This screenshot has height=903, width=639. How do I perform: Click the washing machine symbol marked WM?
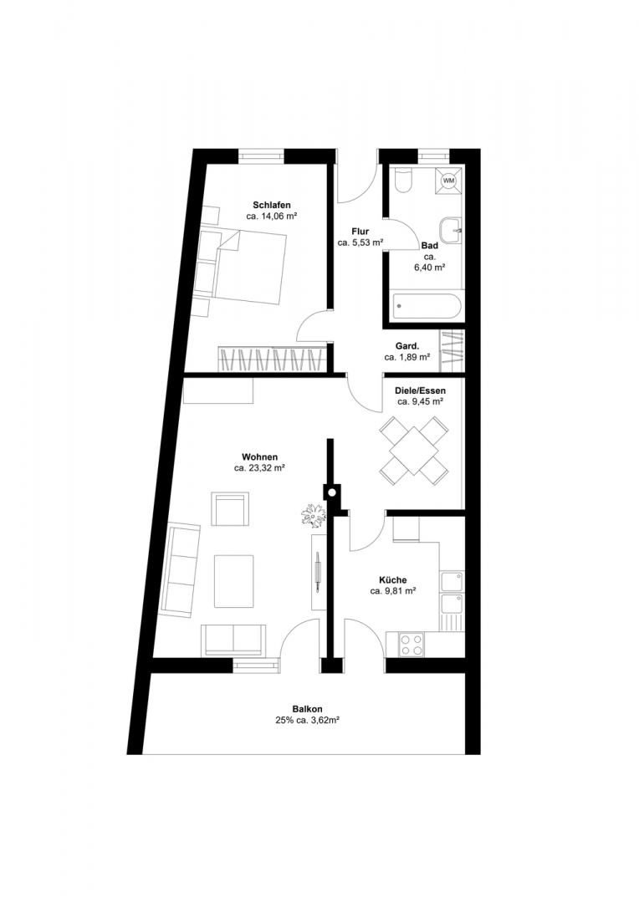click(x=448, y=181)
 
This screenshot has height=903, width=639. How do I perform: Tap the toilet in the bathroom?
click(x=403, y=181)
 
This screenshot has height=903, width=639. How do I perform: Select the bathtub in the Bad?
click(x=427, y=307)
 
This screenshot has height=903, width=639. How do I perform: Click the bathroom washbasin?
click(x=451, y=231)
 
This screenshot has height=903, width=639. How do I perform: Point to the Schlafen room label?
click(x=271, y=205)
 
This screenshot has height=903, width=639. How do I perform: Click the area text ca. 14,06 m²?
click(x=271, y=217)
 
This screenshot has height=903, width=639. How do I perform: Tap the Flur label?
click(x=360, y=232)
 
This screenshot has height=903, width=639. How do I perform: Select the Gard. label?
click(x=407, y=346)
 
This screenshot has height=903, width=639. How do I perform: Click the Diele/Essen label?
click(x=420, y=390)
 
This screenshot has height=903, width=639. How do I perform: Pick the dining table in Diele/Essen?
click(x=414, y=451)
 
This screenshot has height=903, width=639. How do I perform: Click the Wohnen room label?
click(x=259, y=457)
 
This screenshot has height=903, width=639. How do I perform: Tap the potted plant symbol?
click(x=314, y=514)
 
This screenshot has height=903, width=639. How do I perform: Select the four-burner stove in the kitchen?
click(x=412, y=644)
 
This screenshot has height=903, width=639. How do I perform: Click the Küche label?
click(x=393, y=580)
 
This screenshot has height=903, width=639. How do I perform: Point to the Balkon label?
click(x=307, y=710)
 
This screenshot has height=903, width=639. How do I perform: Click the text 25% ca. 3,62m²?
click(x=307, y=720)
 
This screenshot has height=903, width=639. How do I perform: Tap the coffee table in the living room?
click(x=234, y=581)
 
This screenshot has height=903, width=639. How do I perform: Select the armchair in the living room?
click(x=230, y=508)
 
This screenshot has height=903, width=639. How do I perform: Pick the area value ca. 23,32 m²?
click(x=260, y=468)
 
